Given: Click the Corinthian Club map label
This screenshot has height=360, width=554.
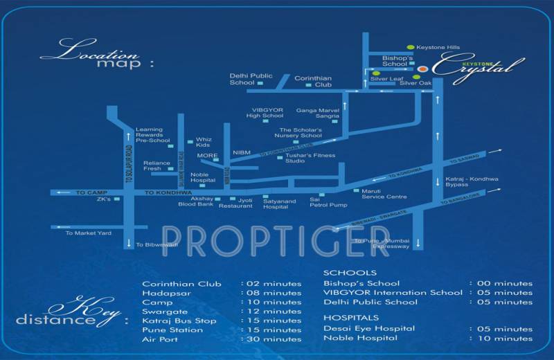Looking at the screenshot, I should [314, 82].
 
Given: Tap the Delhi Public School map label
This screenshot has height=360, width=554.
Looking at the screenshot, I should [242, 78].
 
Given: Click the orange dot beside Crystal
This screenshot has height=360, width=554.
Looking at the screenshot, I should [422, 69].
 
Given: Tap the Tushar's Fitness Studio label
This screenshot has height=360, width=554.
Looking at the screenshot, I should [304, 159].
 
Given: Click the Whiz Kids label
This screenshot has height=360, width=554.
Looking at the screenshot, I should [203, 142].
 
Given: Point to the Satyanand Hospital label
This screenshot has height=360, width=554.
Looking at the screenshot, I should [280, 204].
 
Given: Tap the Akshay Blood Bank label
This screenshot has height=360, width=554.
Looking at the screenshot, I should [196, 201].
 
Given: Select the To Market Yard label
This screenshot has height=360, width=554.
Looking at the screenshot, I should [89, 233].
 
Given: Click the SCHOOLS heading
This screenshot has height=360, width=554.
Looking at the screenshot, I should [350, 273].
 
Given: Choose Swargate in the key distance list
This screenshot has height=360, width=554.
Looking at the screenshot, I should [163, 312].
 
